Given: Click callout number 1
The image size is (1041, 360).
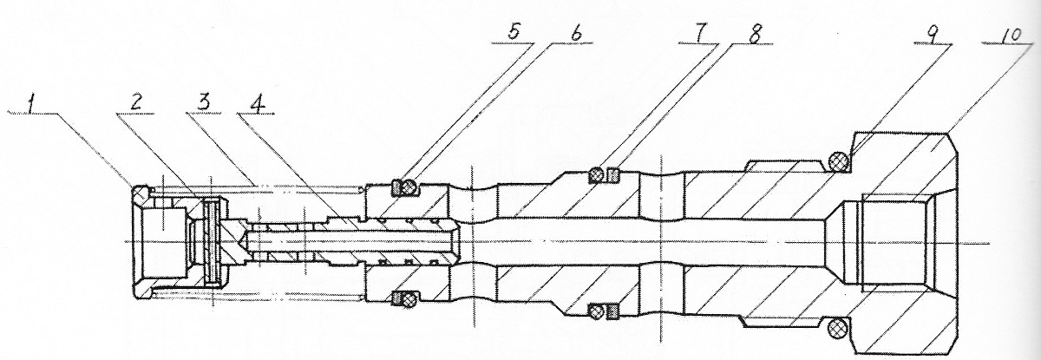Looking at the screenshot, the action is pyautogui.click(x=31, y=104).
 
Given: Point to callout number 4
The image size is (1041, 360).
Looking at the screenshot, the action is pyautogui.click(x=259, y=104).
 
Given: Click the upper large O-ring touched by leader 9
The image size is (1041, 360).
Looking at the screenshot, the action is pyautogui.click(x=839, y=162).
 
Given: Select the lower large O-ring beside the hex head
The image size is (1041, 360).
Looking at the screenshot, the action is pyautogui.click(x=838, y=329).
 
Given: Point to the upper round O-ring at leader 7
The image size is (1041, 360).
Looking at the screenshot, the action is pyautogui.click(x=596, y=175).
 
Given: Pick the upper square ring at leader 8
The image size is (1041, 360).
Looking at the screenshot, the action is pyautogui.click(x=613, y=175).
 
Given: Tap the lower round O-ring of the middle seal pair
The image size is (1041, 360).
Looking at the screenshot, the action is pyautogui.click(x=596, y=311).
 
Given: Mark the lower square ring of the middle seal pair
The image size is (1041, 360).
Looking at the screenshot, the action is pyautogui.click(x=613, y=312).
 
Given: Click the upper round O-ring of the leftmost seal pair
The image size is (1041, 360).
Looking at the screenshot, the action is pyautogui.click(x=408, y=187).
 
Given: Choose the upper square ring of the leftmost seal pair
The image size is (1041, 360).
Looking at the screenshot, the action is pyautogui.click(x=396, y=188).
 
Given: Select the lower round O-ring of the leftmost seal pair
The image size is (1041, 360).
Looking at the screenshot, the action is pyautogui.click(x=408, y=299).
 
